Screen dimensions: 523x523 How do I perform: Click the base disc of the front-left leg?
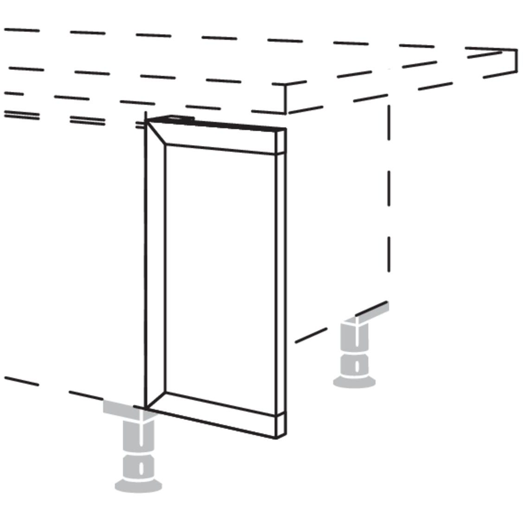point(138,485)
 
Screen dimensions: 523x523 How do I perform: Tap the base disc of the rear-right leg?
point(354,382)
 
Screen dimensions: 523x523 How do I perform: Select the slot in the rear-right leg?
point(356,366)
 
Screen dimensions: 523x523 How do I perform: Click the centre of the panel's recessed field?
point(220,274)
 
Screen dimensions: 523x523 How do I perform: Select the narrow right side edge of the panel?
point(281,278)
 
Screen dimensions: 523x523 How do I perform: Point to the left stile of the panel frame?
point(155,269)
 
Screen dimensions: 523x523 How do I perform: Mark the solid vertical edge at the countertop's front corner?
point(285,98)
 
